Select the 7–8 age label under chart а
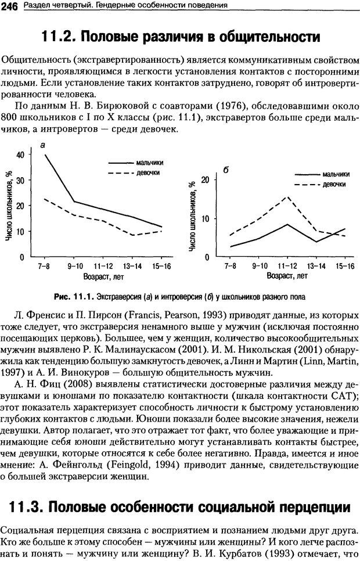[44, 266]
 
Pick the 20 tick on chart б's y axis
[204, 180]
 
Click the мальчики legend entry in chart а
[150, 163]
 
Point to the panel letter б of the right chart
[225, 170]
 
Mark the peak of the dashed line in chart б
[287, 197]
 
